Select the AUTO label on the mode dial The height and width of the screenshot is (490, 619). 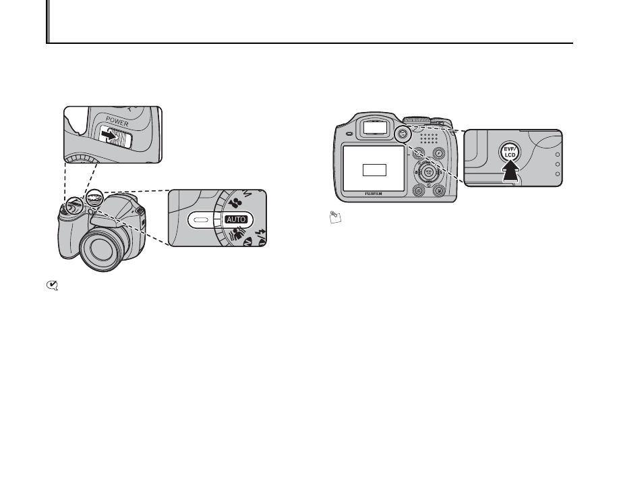[x=237, y=219]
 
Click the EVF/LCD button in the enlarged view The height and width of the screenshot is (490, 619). [x=511, y=153]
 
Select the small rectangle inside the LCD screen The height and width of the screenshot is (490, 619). [x=374, y=169]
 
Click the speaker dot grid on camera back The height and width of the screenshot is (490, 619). [x=429, y=139]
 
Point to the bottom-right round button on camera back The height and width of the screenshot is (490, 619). [x=440, y=191]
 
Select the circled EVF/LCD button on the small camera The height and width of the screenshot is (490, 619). [x=403, y=133]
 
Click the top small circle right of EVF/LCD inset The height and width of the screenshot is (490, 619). [x=557, y=153]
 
